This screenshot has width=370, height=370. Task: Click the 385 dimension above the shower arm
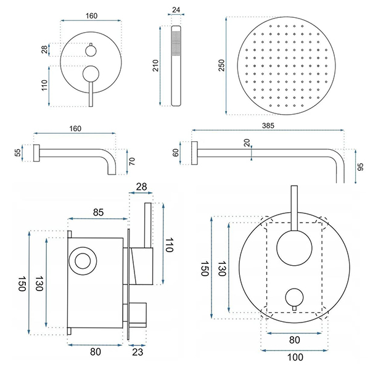pos(268,125)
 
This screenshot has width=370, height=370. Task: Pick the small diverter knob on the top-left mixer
pos(91,49)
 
